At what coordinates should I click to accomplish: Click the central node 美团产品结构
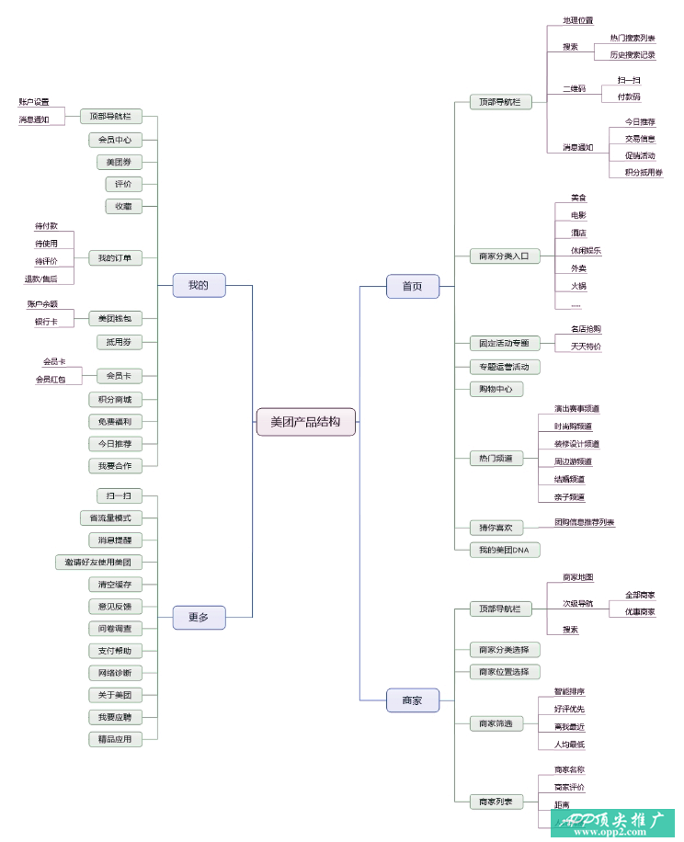click(305, 422)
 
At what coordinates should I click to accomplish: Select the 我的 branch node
click(199, 285)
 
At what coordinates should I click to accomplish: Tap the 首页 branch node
click(412, 286)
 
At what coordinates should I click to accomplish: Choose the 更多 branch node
click(199, 618)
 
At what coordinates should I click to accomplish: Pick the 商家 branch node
click(412, 700)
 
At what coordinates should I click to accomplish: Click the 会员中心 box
click(115, 141)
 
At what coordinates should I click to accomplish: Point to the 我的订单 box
click(115, 257)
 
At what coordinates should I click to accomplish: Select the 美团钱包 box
click(115, 319)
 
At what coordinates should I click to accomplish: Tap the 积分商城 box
click(115, 400)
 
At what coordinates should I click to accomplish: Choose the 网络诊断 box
click(115, 673)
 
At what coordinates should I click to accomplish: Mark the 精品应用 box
click(115, 739)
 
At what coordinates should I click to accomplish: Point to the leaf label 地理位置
click(577, 20)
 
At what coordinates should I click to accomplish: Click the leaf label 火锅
click(578, 286)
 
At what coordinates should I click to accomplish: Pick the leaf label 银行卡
click(46, 322)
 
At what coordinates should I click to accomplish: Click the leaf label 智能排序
click(569, 691)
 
